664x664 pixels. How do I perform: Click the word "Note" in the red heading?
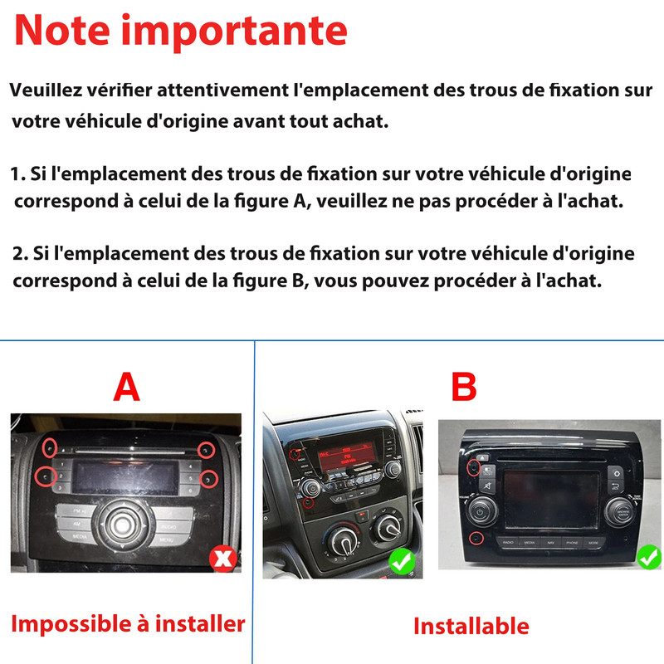(62, 31)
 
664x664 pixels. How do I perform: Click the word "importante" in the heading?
(234, 32)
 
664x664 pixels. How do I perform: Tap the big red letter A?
(127, 387)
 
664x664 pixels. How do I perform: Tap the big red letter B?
(464, 387)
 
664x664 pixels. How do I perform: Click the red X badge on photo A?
(223, 559)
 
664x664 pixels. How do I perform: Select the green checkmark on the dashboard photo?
(403, 562)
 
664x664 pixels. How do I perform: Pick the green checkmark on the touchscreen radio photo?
(649, 557)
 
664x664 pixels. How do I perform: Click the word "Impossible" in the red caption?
(71, 625)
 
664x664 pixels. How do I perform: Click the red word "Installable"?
(471, 626)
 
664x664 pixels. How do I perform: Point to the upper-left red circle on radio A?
(50, 447)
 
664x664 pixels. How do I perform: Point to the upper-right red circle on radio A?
(206, 451)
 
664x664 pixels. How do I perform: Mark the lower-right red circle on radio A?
(209, 479)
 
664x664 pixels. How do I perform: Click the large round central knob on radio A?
(122, 525)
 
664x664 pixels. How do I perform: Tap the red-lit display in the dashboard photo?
(346, 456)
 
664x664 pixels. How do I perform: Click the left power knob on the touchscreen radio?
(481, 511)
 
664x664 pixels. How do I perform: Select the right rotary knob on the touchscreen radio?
(619, 512)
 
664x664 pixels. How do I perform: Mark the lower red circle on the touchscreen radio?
(476, 538)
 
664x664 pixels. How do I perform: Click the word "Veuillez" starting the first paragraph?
(46, 90)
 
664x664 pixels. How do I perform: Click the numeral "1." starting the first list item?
(17, 174)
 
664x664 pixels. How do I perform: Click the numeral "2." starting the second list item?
(20, 253)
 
